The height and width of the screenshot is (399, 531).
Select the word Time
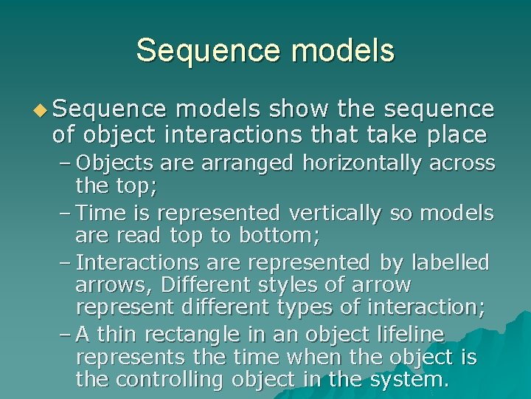(x=100, y=213)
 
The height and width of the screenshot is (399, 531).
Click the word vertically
(x=335, y=213)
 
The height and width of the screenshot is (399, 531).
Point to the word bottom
(x=287, y=236)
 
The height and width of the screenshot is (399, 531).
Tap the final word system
(x=406, y=380)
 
